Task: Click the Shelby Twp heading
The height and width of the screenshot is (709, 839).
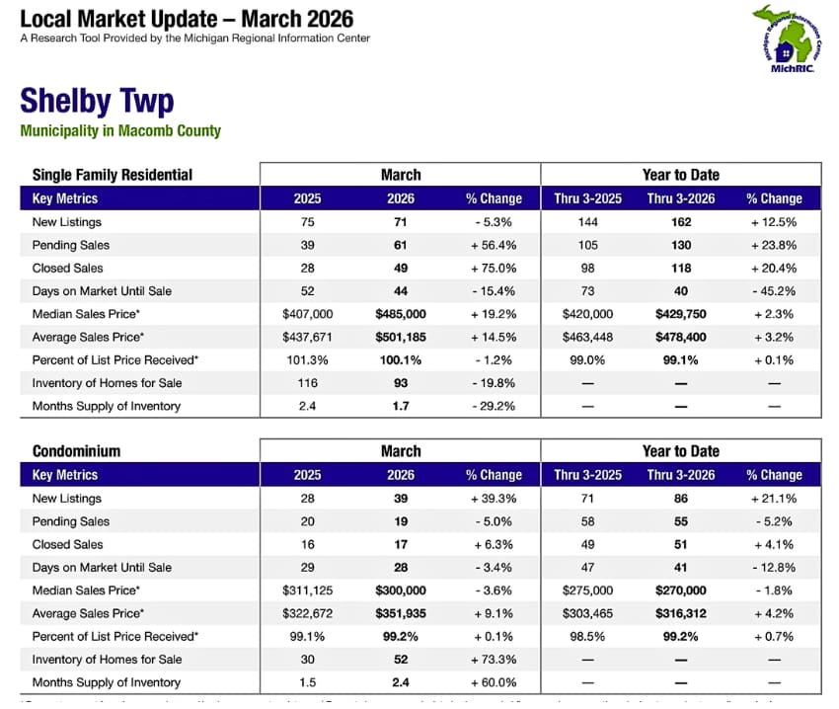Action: [97, 101]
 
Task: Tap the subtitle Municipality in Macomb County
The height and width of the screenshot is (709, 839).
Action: [120, 130]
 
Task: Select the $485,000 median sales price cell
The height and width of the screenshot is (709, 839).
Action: [401, 314]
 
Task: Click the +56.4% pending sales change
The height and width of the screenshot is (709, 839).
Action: [494, 245]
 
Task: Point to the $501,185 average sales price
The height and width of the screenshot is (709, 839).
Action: [401, 337]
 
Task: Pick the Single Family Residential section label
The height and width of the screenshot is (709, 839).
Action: [113, 175]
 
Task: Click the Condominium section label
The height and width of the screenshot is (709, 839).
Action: [77, 451]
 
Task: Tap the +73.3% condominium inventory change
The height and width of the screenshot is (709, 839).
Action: [494, 660]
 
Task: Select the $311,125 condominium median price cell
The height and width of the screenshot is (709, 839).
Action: [308, 591]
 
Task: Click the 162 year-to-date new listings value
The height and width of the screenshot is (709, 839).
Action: [681, 222]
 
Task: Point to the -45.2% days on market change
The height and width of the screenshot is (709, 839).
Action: [774, 291]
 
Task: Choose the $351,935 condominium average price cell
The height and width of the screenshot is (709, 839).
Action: [401, 613]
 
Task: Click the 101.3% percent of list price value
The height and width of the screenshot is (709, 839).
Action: [308, 359]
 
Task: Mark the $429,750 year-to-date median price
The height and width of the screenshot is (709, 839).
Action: [681, 314]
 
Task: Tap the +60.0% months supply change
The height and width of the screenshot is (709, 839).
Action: [494, 682]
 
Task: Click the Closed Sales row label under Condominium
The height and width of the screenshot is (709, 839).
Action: [67, 544]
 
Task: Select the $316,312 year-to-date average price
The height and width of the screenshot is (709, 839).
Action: [681, 613]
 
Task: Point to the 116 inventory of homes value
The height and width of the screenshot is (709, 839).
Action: [308, 383]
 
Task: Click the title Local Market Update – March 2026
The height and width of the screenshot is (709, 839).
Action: [187, 19]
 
